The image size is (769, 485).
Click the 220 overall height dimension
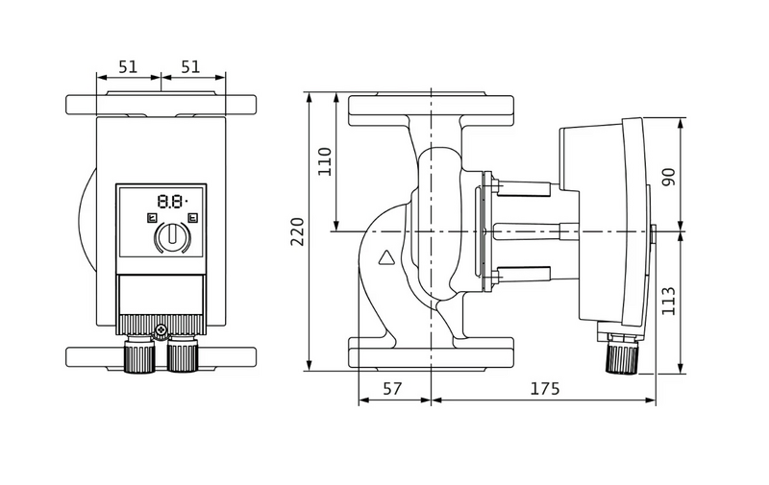(x=297, y=231)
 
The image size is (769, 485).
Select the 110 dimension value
(x=324, y=160)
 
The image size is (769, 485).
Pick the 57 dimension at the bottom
(x=393, y=389)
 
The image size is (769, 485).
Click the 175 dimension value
(x=544, y=389)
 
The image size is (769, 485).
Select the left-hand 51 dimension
(x=129, y=67)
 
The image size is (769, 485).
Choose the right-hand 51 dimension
(x=192, y=67)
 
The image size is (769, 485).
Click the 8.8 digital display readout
(x=171, y=202)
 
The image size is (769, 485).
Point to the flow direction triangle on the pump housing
(x=386, y=257)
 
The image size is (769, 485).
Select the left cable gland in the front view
(x=139, y=358)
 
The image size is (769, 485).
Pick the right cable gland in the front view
(x=182, y=358)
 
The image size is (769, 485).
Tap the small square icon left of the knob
(x=151, y=218)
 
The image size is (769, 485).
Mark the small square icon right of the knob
(x=192, y=218)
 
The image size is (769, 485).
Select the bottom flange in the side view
(x=433, y=353)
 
